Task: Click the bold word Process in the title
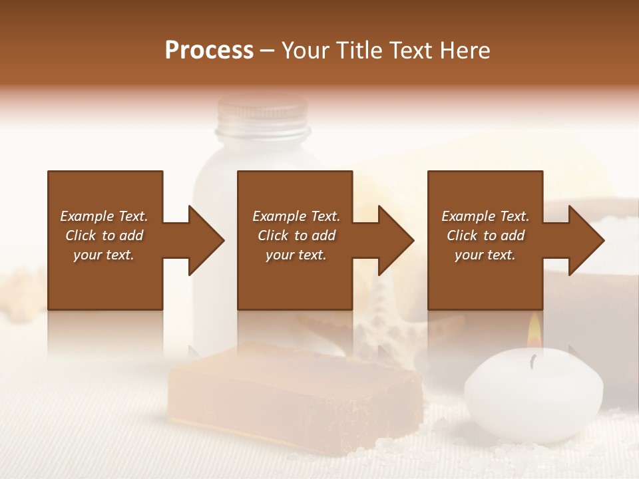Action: (x=209, y=51)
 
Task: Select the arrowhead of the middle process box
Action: (x=395, y=240)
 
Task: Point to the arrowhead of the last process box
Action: (x=586, y=240)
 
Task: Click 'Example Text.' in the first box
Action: (x=104, y=216)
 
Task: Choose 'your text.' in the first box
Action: (x=104, y=255)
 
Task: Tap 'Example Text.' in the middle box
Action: (x=296, y=216)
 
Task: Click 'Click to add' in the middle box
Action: (x=296, y=236)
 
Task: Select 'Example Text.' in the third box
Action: (x=485, y=216)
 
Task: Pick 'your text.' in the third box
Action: (x=485, y=255)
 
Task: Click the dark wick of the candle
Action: (x=532, y=361)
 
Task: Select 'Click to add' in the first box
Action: (x=104, y=236)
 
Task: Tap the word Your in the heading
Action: (x=306, y=51)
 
